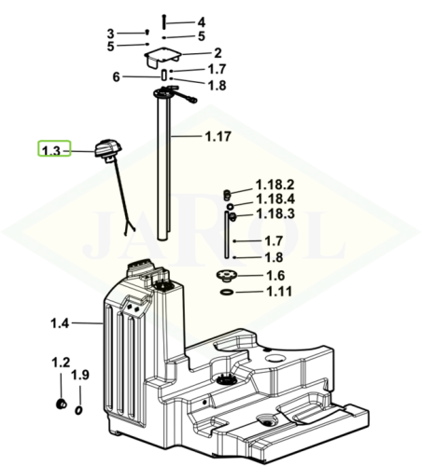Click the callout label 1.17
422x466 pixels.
(218, 136)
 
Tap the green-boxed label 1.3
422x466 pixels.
(51, 151)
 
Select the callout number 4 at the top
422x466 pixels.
(202, 22)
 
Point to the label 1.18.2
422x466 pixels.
(274, 185)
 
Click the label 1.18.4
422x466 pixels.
(275, 199)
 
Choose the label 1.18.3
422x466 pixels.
(275, 213)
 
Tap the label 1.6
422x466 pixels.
(275, 275)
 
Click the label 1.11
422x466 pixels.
(279, 292)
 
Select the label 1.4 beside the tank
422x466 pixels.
(60, 323)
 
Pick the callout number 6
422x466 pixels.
(116, 76)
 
